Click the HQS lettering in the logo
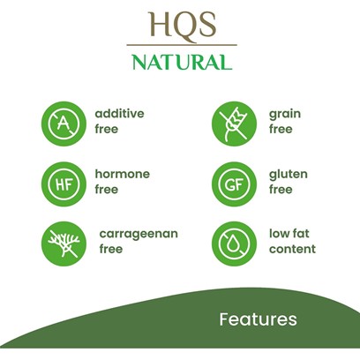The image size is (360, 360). click(183, 25)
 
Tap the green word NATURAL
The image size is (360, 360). click(182, 62)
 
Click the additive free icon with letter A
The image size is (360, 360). click(64, 124)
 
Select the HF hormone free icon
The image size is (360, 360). click(64, 184)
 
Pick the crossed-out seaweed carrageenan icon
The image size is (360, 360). click(64, 244)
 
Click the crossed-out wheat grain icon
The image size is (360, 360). click(234, 124)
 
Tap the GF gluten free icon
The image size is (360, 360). click(234, 184)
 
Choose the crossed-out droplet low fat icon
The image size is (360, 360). click(234, 244)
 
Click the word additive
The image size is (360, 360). click(119, 113)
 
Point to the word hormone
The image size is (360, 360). click(123, 174)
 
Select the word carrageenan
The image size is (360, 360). click(139, 234)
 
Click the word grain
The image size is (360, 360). click(285, 114)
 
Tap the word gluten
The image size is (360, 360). click(289, 174)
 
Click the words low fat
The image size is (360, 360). click(289, 233)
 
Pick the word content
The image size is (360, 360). click(292, 249)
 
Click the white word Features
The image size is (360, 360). click(258, 319)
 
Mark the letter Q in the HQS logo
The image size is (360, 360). click(184, 26)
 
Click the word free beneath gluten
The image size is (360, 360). click(281, 189)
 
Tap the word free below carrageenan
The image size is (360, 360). click(111, 249)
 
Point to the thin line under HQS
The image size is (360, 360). click(182, 45)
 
